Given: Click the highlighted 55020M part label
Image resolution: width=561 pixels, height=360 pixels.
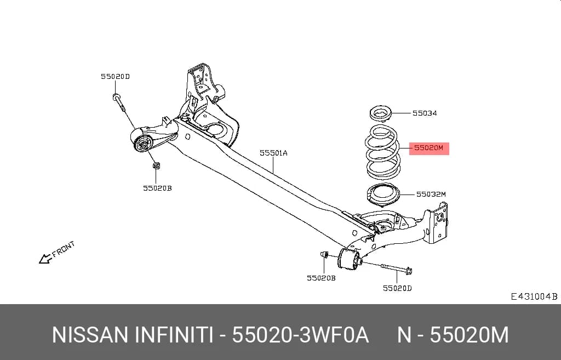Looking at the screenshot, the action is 428,147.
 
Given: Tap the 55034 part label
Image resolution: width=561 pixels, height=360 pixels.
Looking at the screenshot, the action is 425,113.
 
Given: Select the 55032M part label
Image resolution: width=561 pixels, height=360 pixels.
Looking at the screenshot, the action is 431,195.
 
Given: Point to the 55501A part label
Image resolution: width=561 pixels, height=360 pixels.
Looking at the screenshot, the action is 273,153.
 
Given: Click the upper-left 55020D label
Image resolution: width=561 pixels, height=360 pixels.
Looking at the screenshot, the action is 115,76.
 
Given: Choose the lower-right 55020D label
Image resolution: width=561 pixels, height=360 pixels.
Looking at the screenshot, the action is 397,288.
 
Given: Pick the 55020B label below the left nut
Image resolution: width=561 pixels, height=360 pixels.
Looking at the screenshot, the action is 157,188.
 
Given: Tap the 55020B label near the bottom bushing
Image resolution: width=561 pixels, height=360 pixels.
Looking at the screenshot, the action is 321,278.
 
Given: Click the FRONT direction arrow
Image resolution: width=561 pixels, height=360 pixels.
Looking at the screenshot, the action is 45,259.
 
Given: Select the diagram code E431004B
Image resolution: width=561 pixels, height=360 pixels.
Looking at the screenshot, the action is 534,296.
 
